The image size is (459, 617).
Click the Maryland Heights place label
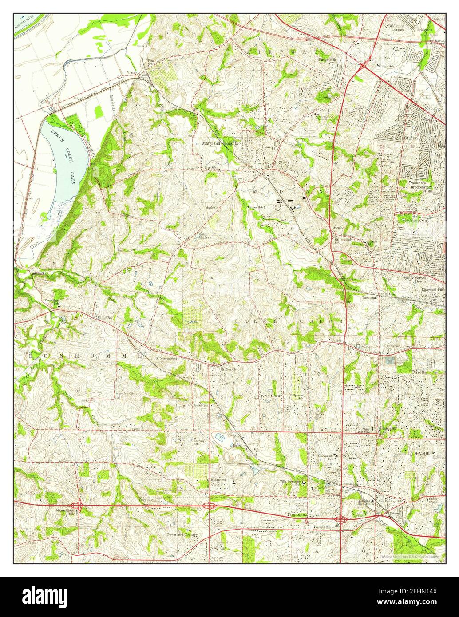tap(220, 143)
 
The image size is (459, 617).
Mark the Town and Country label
tap(182, 535)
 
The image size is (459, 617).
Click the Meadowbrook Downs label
tap(427, 280)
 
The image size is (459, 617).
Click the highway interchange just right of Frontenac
tap(340, 519)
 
